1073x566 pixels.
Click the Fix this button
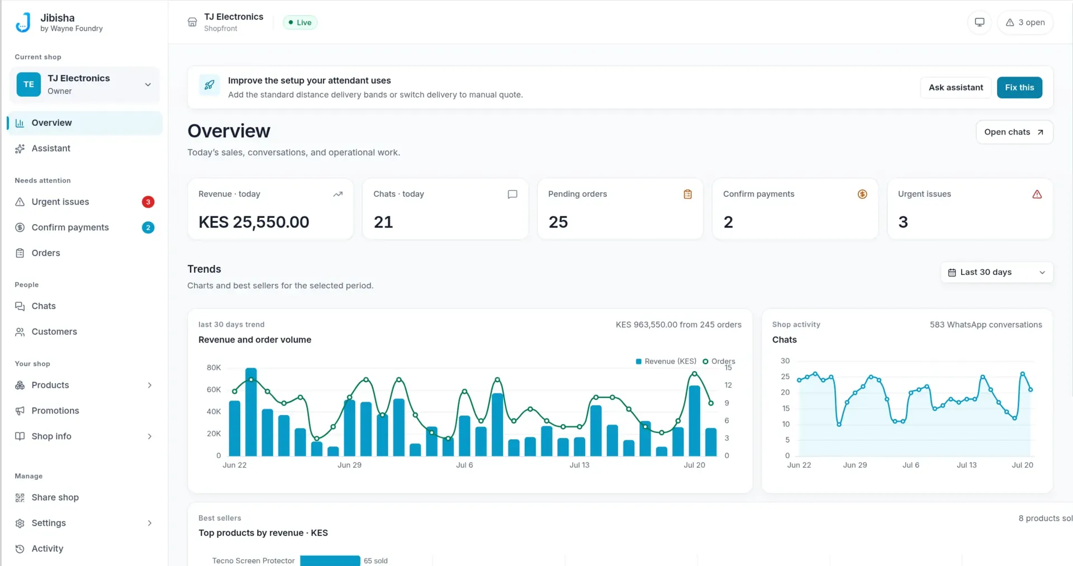tap(1019, 87)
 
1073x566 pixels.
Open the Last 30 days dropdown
tap(997, 272)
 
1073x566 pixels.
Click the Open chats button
tap(1014, 132)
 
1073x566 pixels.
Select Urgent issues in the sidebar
tap(60, 202)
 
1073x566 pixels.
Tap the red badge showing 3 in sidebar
tap(148, 202)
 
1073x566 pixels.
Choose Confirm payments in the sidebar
tap(70, 227)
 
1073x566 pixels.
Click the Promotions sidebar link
tap(55, 411)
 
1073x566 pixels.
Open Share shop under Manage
tap(55, 497)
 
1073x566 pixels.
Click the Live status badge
tap(300, 22)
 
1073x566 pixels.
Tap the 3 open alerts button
tap(1025, 22)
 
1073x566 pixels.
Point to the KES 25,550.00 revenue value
tap(254, 222)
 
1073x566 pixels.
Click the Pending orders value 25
tap(558, 222)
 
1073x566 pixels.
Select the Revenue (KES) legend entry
tap(666, 362)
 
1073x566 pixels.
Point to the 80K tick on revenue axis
tap(213, 368)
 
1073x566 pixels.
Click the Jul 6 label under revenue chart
tap(464, 465)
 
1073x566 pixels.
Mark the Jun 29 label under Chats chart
tap(855, 465)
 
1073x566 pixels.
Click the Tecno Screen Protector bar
tap(330, 560)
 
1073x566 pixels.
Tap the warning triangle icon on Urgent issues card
tap(1037, 194)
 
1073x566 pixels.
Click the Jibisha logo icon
tap(23, 22)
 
